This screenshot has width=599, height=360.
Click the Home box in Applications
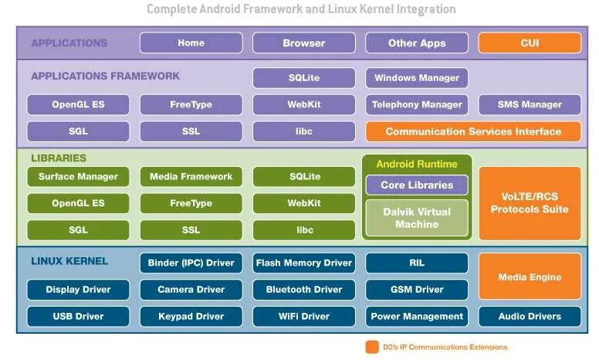[191, 43]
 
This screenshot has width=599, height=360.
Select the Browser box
[304, 43]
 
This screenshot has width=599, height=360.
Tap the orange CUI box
[530, 43]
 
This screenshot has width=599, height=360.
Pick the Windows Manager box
[417, 78]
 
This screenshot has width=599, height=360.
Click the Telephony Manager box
[417, 104]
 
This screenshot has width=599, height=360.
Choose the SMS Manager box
[530, 104]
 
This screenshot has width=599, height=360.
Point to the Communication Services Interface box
[473, 131]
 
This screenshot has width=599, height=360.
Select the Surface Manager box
[78, 177]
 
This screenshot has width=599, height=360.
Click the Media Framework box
[191, 177]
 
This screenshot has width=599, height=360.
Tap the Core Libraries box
[417, 185]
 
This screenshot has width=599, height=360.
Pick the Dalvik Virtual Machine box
[417, 218]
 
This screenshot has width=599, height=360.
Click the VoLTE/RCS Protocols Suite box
[530, 203]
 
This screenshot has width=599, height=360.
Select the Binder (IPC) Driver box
[191, 263]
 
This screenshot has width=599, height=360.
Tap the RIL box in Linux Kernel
[417, 263]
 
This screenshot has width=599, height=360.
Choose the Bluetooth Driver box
[304, 290]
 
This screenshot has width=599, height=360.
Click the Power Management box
[417, 316]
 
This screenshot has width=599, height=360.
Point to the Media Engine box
[530, 277]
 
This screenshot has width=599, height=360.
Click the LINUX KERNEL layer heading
[69, 261]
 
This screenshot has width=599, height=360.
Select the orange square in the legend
[373, 347]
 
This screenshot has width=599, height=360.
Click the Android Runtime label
[417, 164]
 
